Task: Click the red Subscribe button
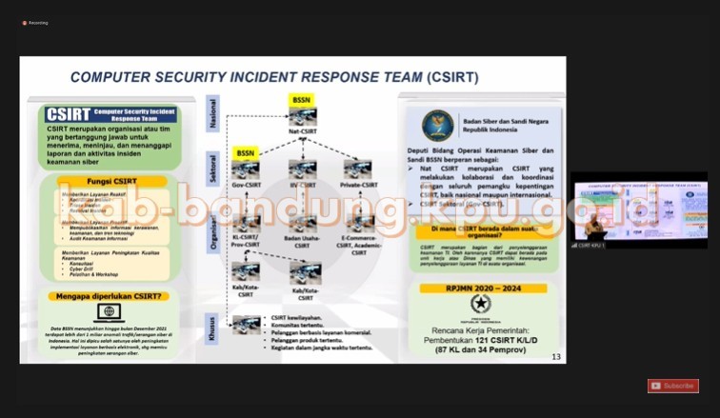673,386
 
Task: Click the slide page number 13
556,356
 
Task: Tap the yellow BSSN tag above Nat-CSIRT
302,98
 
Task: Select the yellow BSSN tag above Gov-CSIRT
246,152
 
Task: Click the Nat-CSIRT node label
302,131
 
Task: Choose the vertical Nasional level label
214,112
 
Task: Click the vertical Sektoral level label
214,168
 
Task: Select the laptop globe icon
107,312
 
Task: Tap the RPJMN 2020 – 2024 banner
485,288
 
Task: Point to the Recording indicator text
38,23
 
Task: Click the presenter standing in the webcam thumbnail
595,226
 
